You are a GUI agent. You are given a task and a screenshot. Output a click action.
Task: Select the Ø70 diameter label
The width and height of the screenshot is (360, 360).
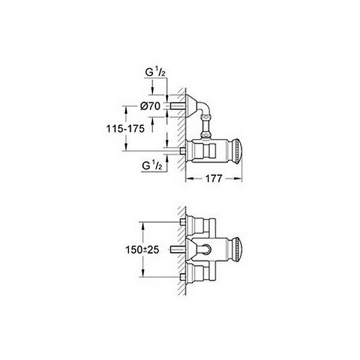[x=149, y=106]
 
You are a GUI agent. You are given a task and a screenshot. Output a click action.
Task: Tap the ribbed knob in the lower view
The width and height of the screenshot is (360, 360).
[x=237, y=249]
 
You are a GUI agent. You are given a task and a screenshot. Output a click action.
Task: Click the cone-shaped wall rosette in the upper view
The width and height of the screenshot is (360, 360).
[x=192, y=103]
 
